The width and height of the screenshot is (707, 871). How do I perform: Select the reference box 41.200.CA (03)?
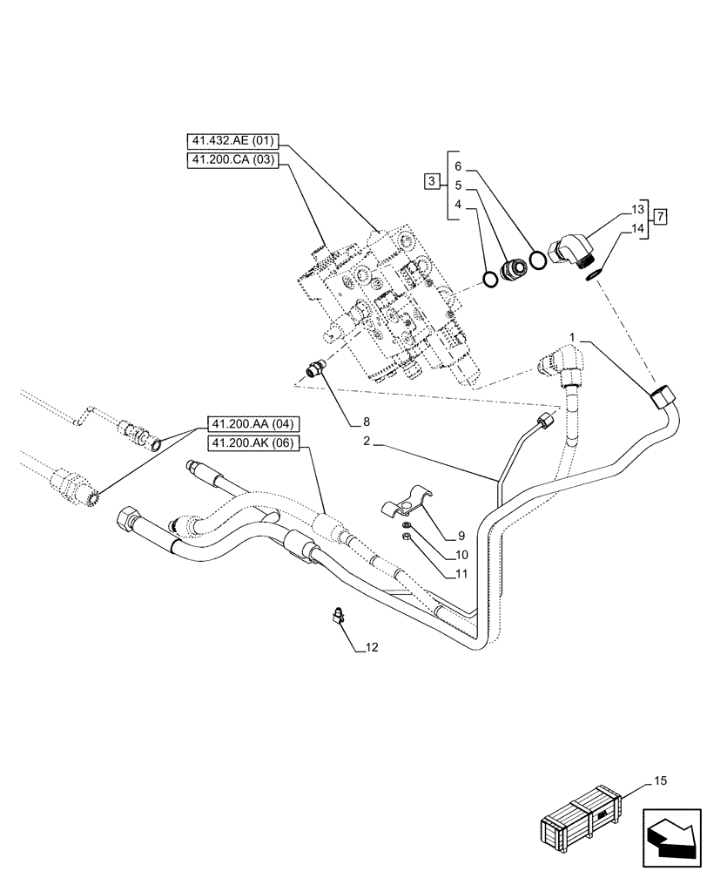coord(231,159)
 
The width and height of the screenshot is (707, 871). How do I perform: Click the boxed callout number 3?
coord(432,181)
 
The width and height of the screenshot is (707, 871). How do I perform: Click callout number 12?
coord(372,648)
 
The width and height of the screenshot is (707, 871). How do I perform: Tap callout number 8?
coord(354,423)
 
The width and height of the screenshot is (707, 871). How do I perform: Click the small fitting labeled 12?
coord(339,618)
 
